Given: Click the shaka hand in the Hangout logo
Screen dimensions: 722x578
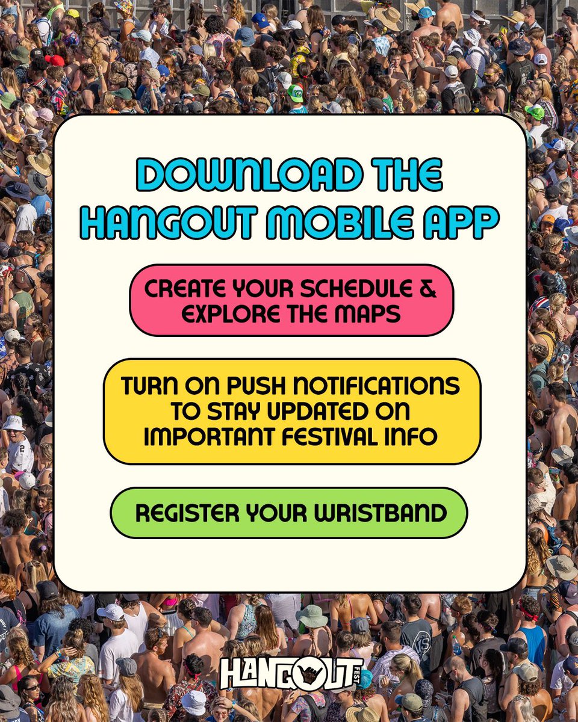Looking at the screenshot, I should pos(311,674).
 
